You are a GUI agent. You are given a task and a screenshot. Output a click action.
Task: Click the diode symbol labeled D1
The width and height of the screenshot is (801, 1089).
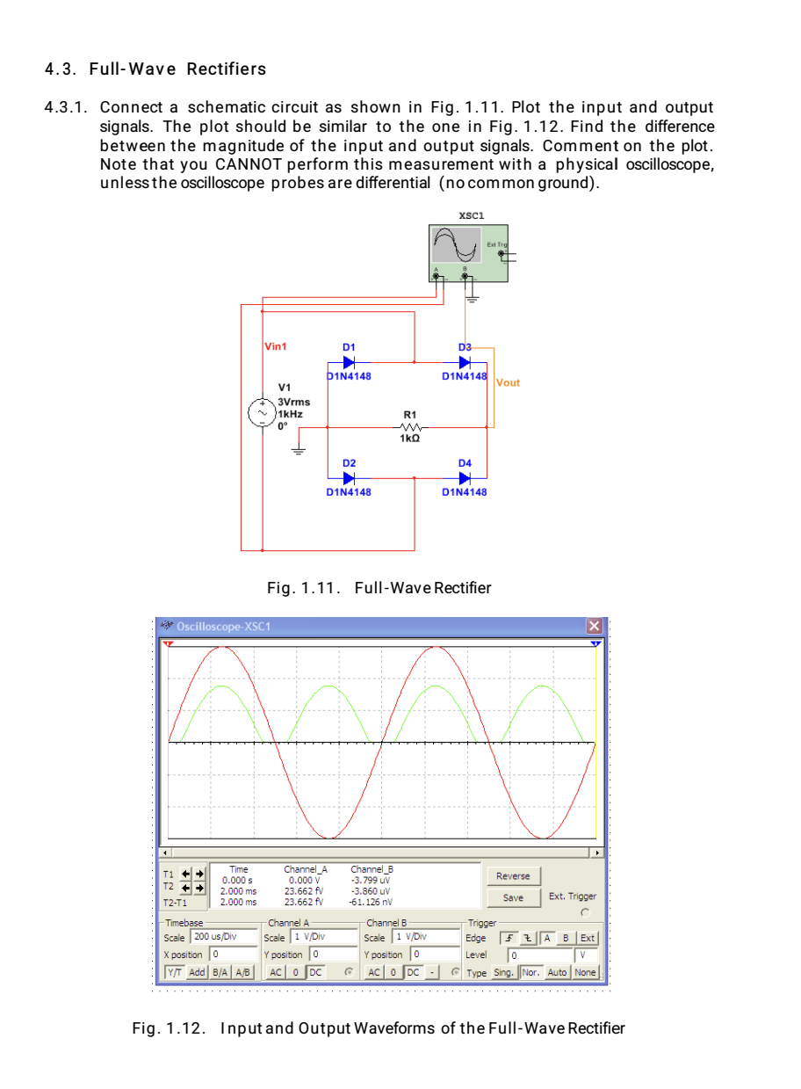349,361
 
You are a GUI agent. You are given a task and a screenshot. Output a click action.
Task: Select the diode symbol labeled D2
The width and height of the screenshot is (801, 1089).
349,478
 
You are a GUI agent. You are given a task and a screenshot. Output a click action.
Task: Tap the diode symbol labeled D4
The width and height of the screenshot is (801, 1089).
465,478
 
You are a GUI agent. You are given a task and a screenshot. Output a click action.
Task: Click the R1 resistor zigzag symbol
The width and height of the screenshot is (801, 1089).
408,426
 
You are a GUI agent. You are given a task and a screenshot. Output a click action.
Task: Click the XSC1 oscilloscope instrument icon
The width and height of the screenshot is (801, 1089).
468,253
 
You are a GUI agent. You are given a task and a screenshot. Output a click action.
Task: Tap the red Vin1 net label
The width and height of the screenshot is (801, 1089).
276,346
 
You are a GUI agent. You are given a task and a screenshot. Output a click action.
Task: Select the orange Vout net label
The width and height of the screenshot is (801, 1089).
508,382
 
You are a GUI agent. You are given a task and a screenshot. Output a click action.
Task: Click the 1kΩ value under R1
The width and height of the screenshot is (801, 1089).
408,439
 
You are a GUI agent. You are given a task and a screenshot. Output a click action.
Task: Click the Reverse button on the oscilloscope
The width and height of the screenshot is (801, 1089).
513,875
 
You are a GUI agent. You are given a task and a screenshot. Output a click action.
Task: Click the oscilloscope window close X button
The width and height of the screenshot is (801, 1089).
595,626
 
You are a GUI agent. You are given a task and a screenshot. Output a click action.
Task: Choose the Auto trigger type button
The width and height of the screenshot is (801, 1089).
558,972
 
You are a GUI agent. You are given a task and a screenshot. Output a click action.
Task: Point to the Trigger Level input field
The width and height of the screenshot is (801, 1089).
540,955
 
